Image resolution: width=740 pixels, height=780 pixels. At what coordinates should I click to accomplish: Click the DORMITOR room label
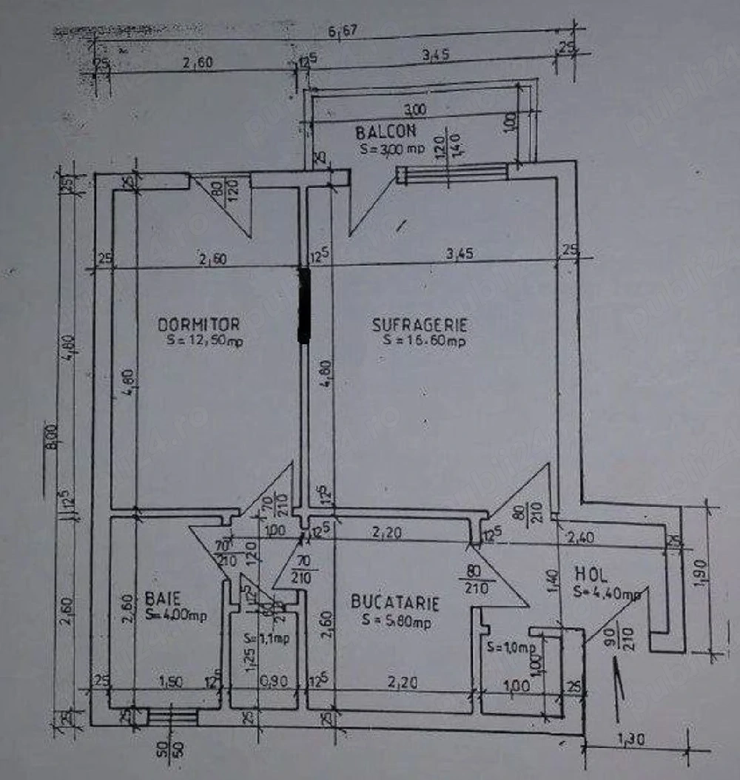click(x=198, y=324)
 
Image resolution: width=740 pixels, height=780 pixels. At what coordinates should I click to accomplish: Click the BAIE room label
click(x=158, y=596)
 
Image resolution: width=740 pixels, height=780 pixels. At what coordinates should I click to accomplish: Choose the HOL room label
click(x=591, y=574)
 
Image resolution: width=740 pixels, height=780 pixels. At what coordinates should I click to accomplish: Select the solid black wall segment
click(x=303, y=305)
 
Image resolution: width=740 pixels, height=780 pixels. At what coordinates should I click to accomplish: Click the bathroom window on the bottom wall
click(x=172, y=716)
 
